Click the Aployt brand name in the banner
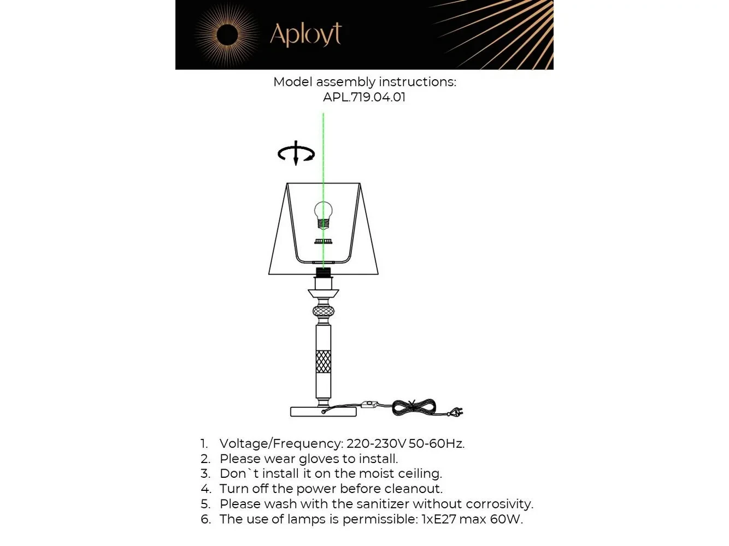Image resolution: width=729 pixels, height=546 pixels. (x=305, y=34)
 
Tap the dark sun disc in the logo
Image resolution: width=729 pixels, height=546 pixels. (x=227, y=35)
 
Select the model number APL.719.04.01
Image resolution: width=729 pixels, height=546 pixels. (x=364, y=97)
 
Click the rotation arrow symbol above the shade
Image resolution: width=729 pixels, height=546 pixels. (x=296, y=153)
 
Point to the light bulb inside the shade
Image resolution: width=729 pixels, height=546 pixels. (x=323, y=215)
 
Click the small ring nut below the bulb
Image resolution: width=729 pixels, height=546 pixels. (x=323, y=241)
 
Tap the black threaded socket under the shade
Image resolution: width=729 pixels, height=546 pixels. (x=323, y=272)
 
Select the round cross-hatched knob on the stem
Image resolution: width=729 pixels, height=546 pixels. (x=323, y=311)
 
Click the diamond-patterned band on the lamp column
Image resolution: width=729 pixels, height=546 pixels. (x=323, y=361)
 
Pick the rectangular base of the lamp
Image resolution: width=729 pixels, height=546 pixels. (x=323, y=412)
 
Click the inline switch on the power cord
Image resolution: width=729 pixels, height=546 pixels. (x=369, y=404)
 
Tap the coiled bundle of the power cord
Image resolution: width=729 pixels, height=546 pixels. (x=414, y=407)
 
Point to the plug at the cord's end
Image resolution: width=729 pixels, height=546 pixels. (x=455, y=412)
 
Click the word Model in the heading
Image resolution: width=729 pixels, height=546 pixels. (x=292, y=82)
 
